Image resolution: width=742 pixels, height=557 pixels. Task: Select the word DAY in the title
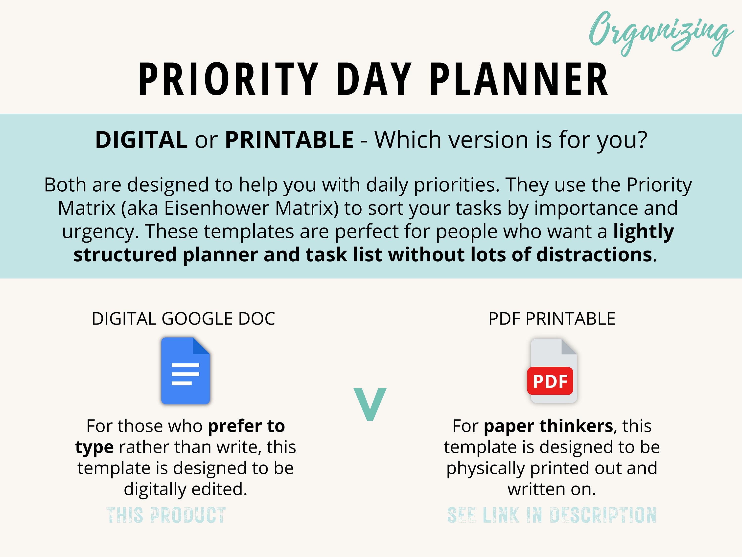point(374,79)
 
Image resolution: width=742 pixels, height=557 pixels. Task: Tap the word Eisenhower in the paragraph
point(217,208)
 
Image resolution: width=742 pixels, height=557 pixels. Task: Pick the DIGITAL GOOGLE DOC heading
point(184,319)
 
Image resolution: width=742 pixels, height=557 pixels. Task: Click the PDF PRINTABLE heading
point(552,319)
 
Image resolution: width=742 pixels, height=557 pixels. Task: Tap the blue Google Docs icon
point(185,371)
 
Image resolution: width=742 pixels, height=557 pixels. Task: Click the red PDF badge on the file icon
point(550,381)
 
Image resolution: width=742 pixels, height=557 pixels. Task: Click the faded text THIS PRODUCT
point(166,515)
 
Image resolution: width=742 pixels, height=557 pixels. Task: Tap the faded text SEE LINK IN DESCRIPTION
point(552,515)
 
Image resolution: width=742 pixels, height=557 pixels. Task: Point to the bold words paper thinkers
point(548,426)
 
